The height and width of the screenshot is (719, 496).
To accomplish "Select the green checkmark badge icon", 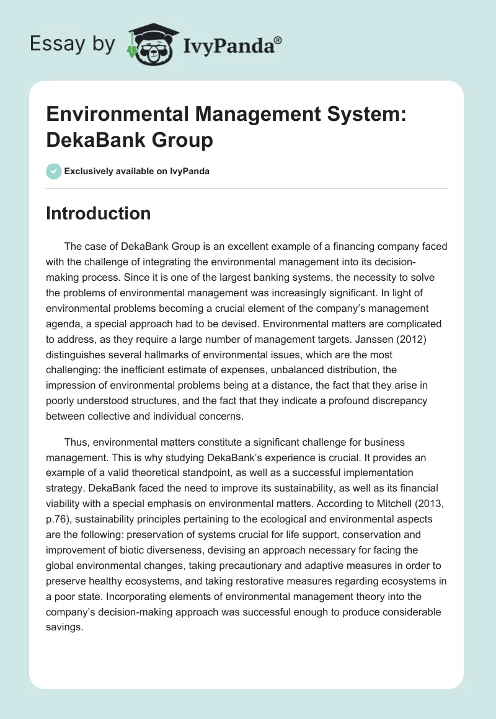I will pyautogui.click(x=54, y=172).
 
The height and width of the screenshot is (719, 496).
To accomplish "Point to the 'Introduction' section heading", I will pyautogui.click(x=99, y=213).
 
